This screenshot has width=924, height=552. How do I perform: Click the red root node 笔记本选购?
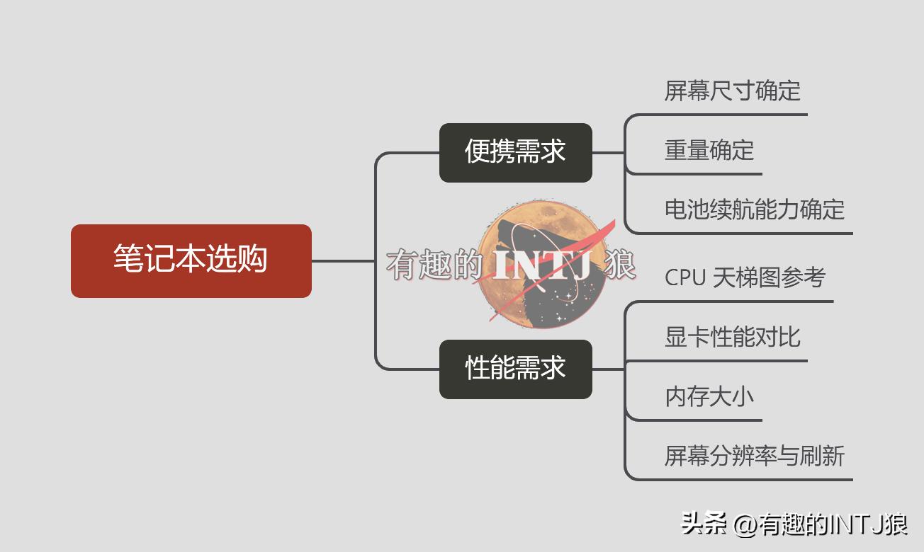191,260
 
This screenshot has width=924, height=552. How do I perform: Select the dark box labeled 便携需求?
515,152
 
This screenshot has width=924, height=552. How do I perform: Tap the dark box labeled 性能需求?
515,369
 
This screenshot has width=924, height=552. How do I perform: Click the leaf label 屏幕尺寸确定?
732,91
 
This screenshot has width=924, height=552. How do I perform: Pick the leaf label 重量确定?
709,150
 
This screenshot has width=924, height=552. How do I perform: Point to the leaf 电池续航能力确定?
754,209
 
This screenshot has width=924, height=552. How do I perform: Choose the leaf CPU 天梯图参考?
745,277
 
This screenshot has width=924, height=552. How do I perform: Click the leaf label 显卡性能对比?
732,337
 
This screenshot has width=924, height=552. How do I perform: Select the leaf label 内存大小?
709,396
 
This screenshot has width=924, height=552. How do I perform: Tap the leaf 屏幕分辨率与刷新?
754,456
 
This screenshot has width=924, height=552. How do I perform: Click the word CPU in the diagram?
684,277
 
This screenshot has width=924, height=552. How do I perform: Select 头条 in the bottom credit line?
704,524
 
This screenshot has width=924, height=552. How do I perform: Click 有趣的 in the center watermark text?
434,265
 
